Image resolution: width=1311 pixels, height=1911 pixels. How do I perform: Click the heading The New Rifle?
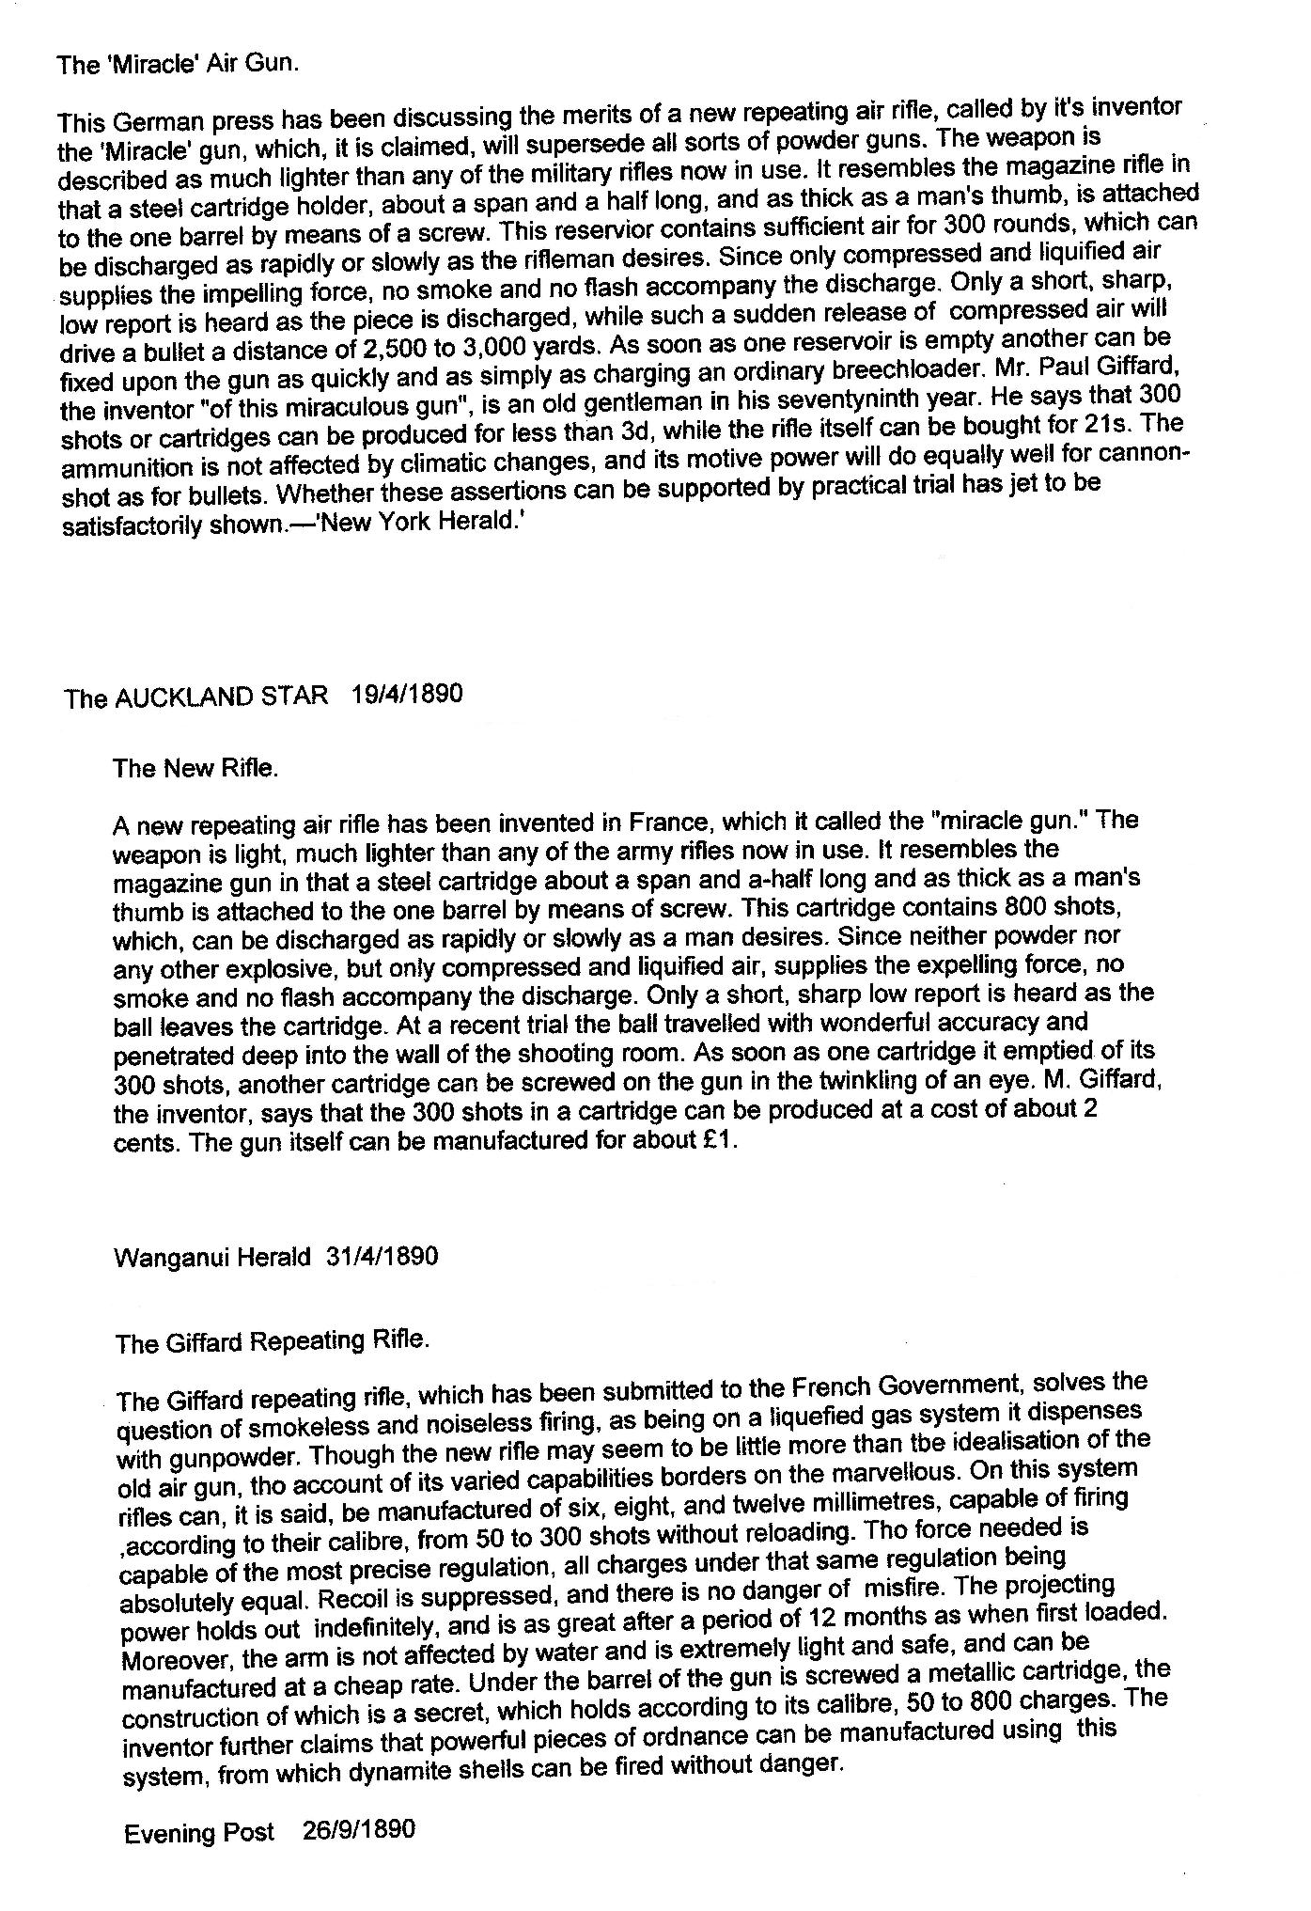(x=195, y=768)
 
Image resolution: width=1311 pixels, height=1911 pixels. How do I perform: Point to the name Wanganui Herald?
(x=211, y=1257)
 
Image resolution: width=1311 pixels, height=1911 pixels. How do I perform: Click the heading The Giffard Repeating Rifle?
(x=273, y=1341)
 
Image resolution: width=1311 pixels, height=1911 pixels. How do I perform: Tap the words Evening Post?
(x=199, y=1832)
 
